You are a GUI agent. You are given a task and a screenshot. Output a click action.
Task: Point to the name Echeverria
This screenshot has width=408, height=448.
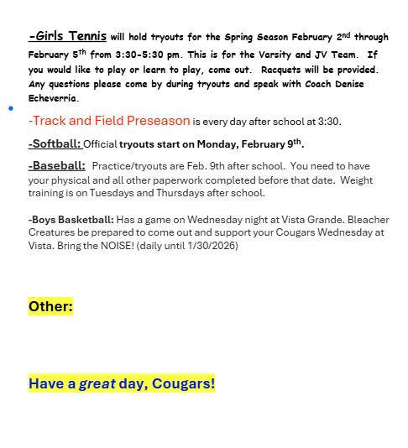(x=53, y=98)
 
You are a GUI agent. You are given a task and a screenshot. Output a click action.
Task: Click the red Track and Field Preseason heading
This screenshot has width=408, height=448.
(x=109, y=121)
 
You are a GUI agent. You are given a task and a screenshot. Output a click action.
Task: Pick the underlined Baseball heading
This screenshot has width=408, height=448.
(x=57, y=164)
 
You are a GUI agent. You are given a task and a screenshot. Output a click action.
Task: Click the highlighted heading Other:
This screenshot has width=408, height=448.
(x=50, y=306)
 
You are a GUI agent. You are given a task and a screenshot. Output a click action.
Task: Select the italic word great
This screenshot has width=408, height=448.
(x=97, y=383)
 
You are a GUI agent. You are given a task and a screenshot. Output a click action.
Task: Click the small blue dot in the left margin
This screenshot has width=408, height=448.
(x=10, y=108)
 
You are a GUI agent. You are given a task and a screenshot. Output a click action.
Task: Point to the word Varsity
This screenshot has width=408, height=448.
(x=291, y=53)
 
